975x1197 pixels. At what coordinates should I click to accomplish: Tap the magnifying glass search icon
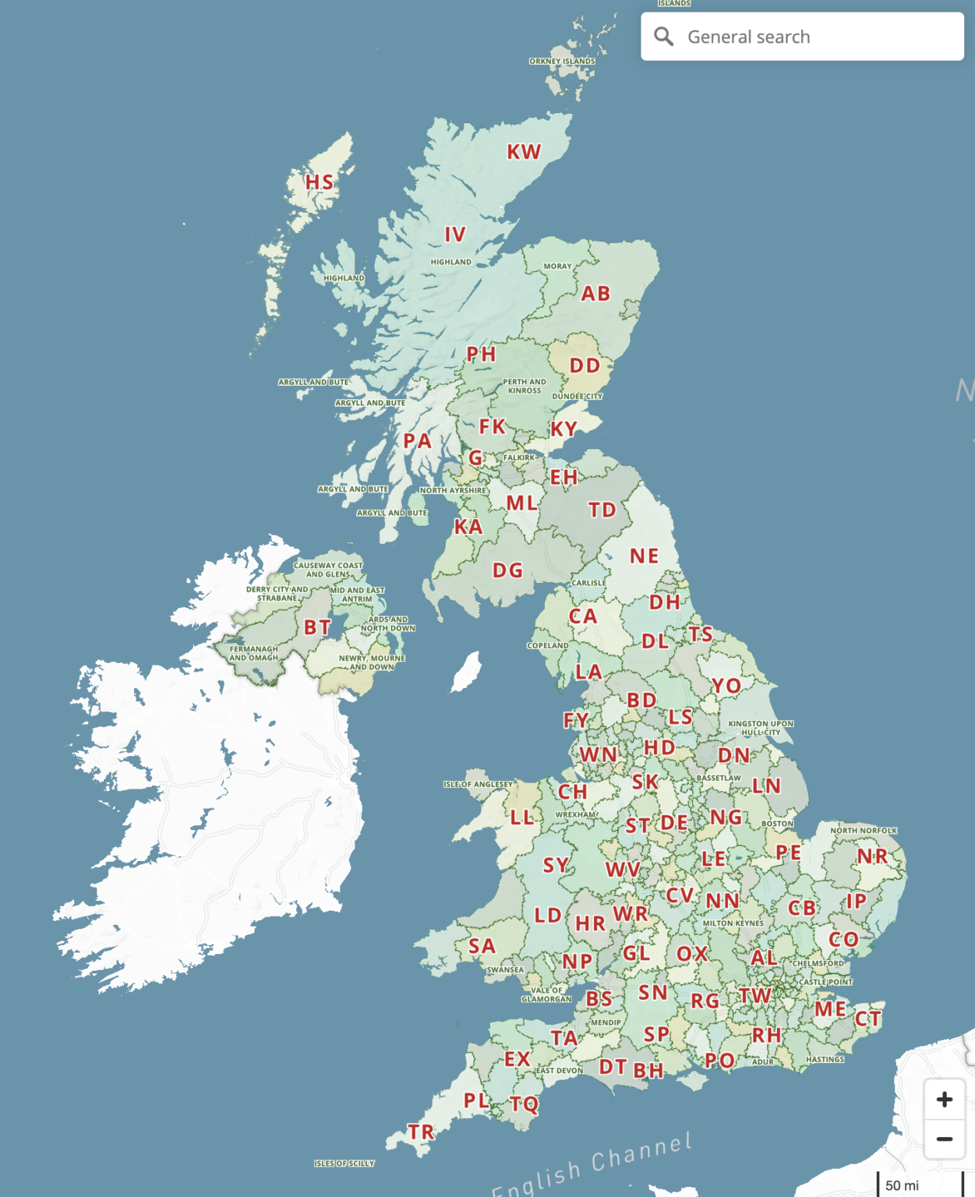[663, 37]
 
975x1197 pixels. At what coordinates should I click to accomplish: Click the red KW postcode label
[524, 152]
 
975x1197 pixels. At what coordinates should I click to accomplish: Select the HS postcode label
[319, 182]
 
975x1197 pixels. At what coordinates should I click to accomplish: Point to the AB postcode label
[595, 294]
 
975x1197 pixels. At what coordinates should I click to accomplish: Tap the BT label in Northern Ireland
[317, 627]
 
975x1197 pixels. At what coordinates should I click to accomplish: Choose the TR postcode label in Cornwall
[421, 1132]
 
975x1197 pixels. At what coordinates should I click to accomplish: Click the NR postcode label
[872, 856]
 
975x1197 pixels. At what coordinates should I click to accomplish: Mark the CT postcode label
[867, 1019]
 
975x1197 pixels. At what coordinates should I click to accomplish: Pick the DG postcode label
[507, 570]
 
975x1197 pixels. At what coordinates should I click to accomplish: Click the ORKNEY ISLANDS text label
[562, 61]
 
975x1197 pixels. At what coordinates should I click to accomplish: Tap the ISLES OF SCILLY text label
[344, 1163]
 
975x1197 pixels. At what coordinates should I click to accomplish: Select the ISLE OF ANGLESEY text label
[478, 784]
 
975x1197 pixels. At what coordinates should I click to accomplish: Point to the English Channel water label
[592, 1166]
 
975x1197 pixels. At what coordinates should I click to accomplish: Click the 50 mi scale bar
[902, 1185]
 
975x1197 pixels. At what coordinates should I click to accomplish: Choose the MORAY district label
[557, 267]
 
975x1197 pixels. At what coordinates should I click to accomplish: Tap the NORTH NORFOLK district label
[864, 831]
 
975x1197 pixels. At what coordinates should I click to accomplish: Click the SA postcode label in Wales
[482, 946]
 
